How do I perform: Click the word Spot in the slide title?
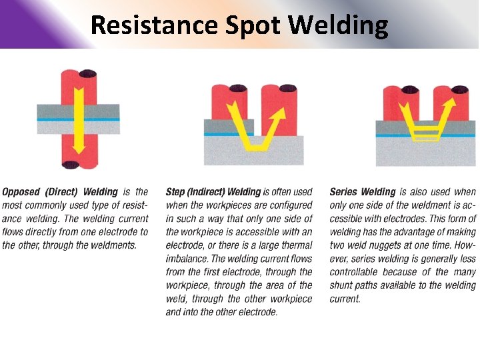point(246,25)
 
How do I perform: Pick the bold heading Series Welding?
point(363,192)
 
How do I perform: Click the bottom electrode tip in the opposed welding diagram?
point(71,164)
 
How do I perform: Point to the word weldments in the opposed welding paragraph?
point(113,245)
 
